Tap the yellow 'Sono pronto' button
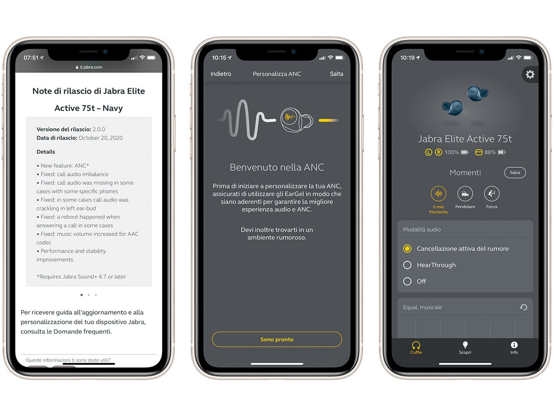pyautogui.click(x=277, y=339)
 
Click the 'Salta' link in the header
pyautogui.click(x=336, y=74)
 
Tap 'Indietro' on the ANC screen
pyautogui.click(x=221, y=74)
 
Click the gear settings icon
pyautogui.click(x=530, y=75)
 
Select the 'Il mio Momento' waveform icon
pyautogui.click(x=438, y=194)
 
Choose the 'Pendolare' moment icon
pyautogui.click(x=465, y=194)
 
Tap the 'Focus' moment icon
pyautogui.click(x=492, y=194)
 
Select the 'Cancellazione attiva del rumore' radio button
pyautogui.click(x=407, y=249)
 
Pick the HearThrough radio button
pyautogui.click(x=407, y=265)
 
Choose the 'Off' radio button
pyautogui.click(x=407, y=281)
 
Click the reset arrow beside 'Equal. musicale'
pyautogui.click(x=523, y=307)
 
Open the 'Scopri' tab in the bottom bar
pyautogui.click(x=465, y=348)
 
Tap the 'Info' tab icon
pyautogui.click(x=514, y=345)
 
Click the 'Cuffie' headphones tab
pyautogui.click(x=416, y=348)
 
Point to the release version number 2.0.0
pyautogui.click(x=99, y=129)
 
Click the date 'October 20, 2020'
pyautogui.click(x=101, y=138)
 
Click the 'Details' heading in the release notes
pyautogui.click(x=46, y=152)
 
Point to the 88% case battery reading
pyautogui.click(x=490, y=152)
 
